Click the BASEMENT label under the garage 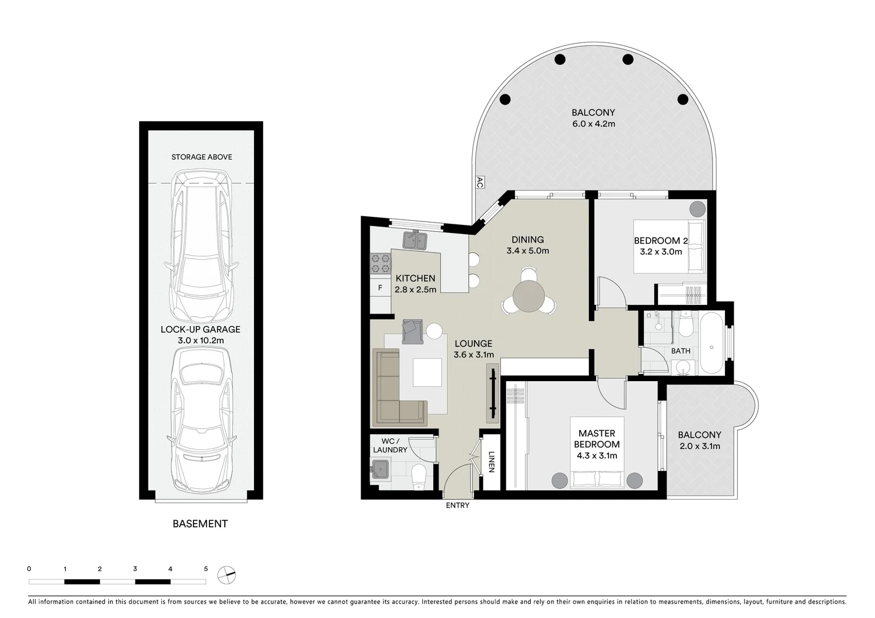(200, 524)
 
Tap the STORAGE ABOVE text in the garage (201, 157)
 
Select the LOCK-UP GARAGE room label (200, 330)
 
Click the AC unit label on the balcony (480, 183)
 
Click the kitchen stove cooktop (381, 263)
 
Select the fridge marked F (380, 288)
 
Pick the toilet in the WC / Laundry (419, 475)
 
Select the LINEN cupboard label (491, 462)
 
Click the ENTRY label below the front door (458, 505)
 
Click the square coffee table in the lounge (427, 373)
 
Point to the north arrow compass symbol (227, 574)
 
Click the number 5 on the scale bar (205, 569)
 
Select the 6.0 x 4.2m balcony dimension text (593, 124)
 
